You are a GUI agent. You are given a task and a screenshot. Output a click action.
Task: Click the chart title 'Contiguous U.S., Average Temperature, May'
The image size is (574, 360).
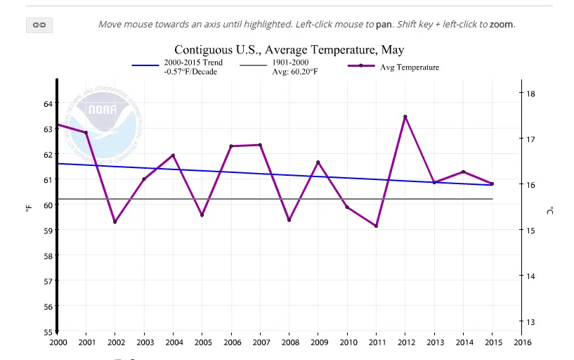(x=289, y=50)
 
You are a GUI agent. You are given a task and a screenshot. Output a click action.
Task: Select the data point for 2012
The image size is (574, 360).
(x=405, y=117)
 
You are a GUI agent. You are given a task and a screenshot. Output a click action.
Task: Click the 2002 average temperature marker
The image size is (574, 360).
(x=115, y=222)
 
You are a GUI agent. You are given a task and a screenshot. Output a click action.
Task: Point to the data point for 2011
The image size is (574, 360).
(x=376, y=226)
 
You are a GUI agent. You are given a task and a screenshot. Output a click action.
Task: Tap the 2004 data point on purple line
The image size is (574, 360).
(x=173, y=155)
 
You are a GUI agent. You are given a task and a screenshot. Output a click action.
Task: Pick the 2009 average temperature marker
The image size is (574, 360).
(x=318, y=162)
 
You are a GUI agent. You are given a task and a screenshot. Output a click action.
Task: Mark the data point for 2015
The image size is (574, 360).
(x=492, y=184)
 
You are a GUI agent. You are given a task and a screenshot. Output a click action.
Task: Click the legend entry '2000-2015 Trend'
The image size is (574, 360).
(x=198, y=63)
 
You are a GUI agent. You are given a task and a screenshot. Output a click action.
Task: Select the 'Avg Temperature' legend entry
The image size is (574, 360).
(x=409, y=67)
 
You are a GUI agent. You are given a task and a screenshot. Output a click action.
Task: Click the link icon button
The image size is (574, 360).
(x=39, y=25)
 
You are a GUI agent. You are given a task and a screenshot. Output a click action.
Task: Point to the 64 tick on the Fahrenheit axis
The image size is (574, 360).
(x=48, y=104)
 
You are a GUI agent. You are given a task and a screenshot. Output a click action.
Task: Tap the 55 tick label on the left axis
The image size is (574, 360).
(x=48, y=332)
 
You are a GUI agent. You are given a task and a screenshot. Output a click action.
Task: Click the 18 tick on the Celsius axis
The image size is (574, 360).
(x=531, y=94)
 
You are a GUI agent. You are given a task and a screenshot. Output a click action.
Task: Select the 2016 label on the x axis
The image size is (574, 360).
(x=521, y=343)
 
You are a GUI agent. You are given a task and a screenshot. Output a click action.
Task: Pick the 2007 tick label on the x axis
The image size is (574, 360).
(x=259, y=343)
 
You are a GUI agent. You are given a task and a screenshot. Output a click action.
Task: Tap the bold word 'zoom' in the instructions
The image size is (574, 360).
(x=502, y=25)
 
